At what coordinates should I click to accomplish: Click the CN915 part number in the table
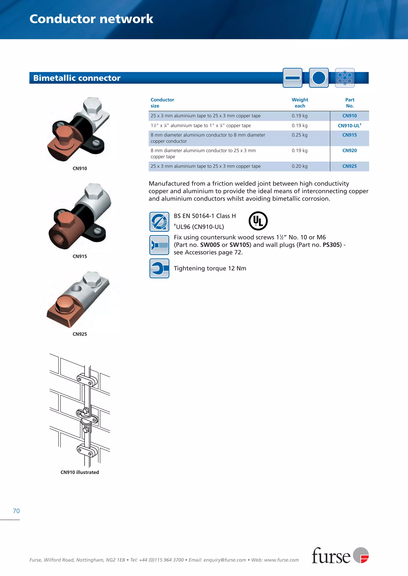(349, 135)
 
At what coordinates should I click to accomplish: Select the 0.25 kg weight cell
(299, 135)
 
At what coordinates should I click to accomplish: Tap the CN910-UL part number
(349, 126)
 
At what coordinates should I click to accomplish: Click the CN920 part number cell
(349, 151)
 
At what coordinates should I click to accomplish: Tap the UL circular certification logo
(258, 221)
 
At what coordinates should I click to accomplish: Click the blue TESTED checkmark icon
(159, 222)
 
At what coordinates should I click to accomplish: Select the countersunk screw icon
(159, 245)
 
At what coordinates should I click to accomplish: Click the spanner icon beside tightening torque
(159, 268)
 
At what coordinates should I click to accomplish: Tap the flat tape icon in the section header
(292, 78)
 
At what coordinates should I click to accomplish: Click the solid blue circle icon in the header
(319, 78)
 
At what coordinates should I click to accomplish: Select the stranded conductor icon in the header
(345, 78)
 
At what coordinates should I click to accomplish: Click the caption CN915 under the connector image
(80, 256)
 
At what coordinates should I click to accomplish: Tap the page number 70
(16, 511)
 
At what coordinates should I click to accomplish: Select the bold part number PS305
(332, 245)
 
